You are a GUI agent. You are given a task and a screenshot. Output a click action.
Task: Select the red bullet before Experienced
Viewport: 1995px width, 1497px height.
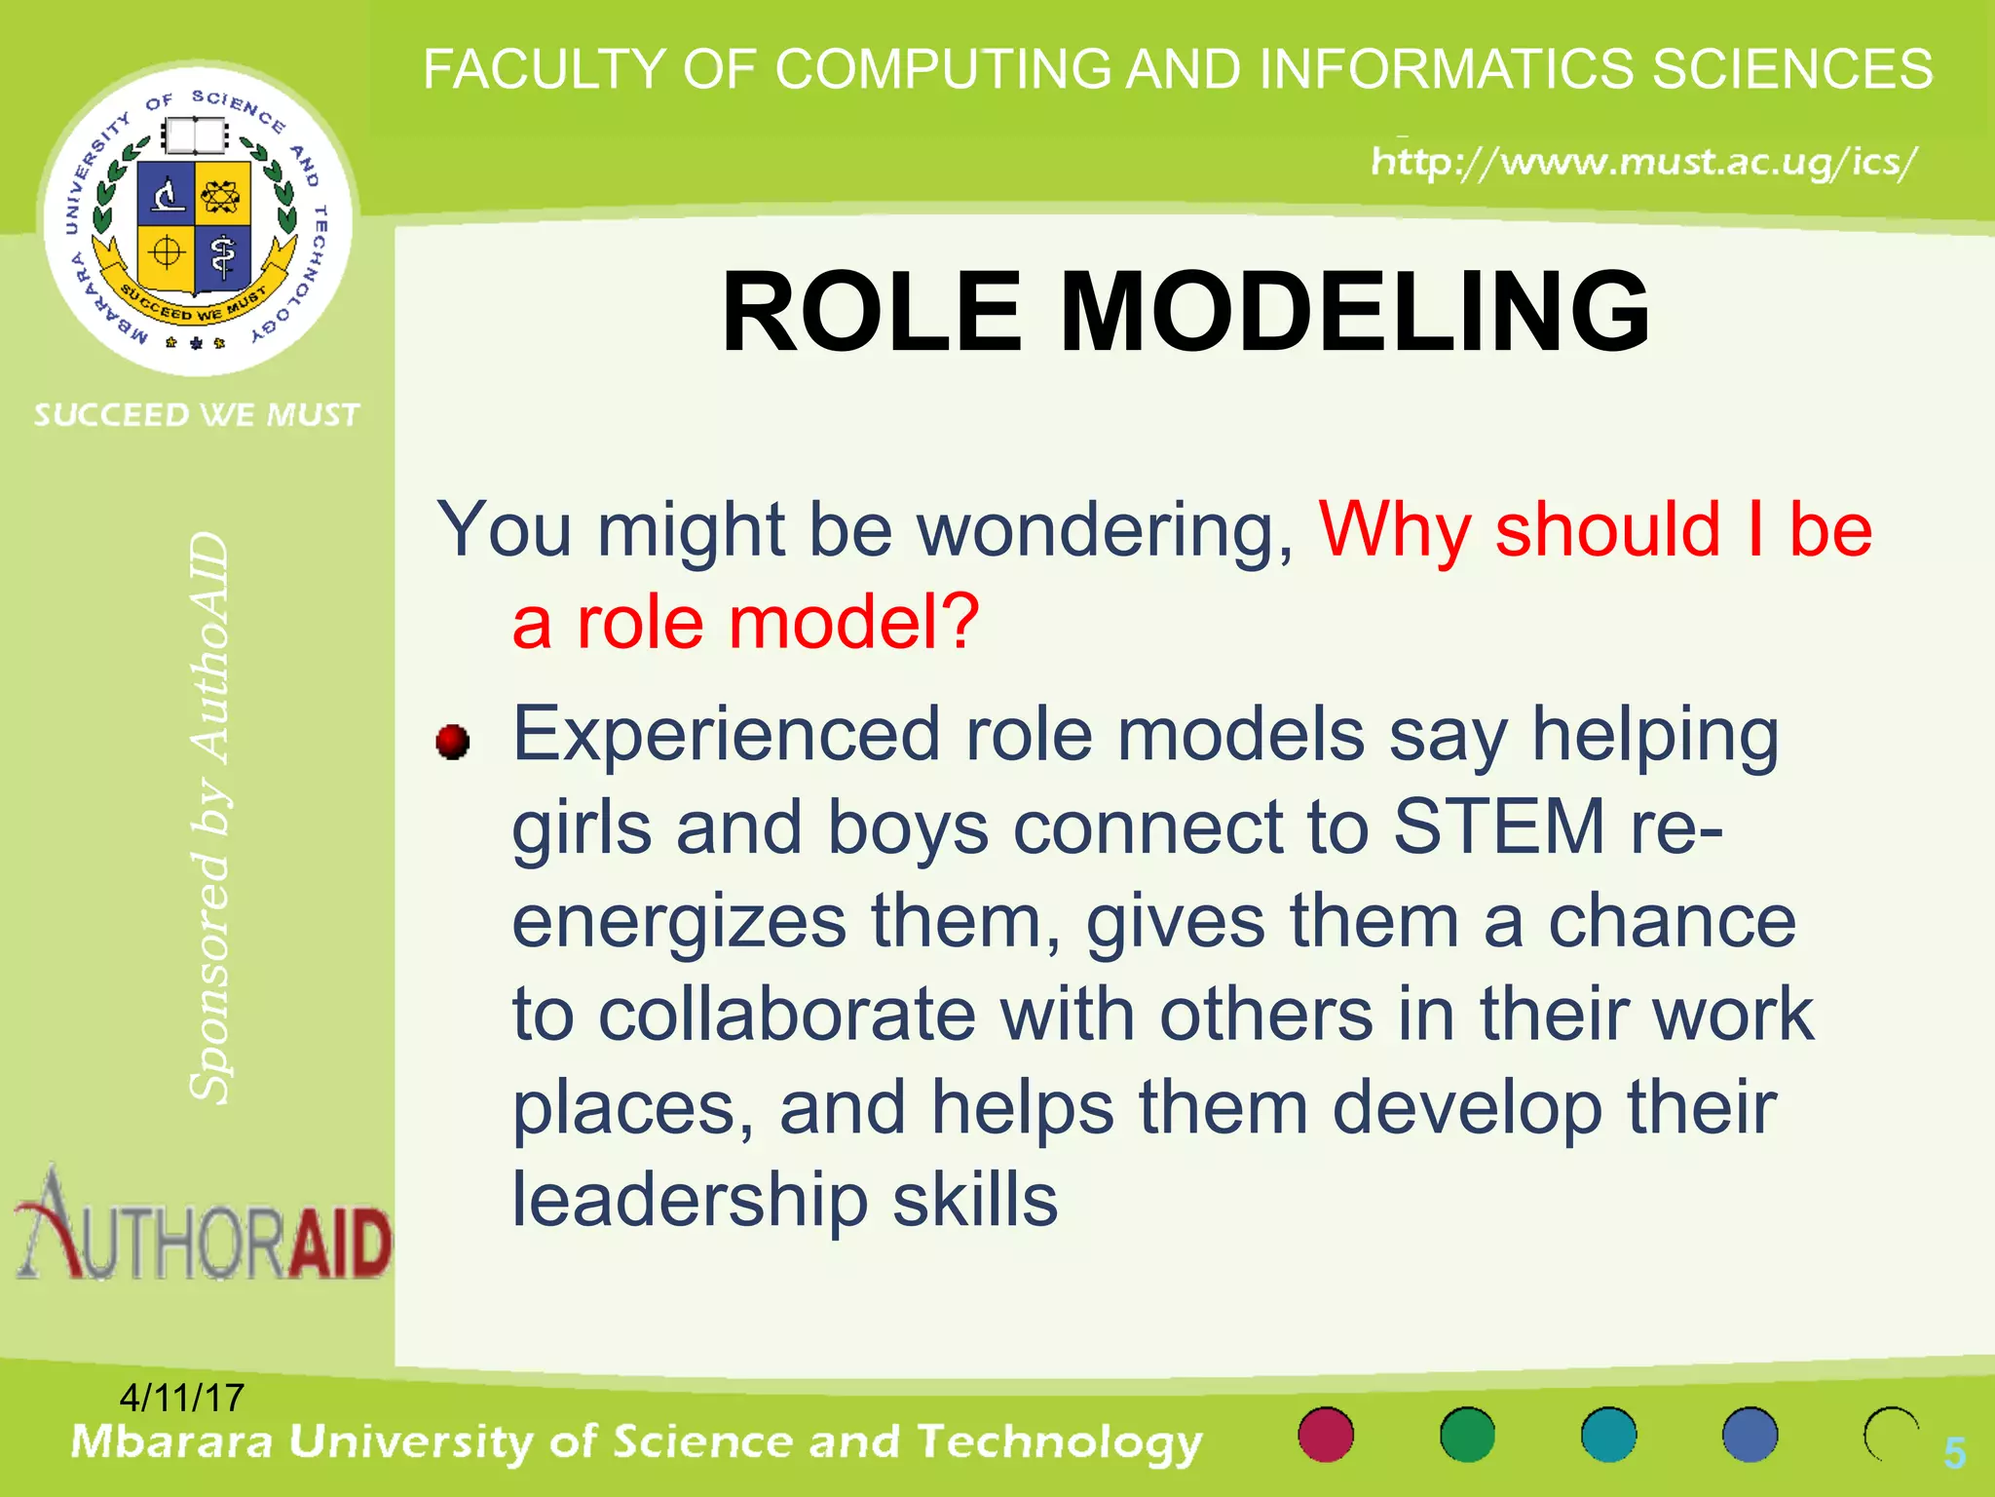[453, 742]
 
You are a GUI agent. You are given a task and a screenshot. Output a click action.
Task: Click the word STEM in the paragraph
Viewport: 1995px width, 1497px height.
[1499, 826]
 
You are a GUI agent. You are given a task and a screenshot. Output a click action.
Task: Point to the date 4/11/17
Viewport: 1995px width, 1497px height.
[181, 1398]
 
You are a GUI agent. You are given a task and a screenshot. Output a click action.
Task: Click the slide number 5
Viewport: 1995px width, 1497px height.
[1954, 1453]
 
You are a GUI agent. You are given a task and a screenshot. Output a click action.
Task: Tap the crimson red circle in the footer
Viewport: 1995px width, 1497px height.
[1326, 1435]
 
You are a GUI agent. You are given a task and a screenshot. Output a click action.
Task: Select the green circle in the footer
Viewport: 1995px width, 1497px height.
[1467, 1435]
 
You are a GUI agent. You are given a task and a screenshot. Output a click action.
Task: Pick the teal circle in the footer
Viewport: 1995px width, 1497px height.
[1608, 1435]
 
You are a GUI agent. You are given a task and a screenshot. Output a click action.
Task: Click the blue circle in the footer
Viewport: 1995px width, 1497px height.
[1750, 1435]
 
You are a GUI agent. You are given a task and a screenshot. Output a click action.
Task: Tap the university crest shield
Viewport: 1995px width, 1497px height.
[195, 226]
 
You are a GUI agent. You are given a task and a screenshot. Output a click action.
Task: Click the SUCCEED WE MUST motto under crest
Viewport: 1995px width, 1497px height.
[197, 415]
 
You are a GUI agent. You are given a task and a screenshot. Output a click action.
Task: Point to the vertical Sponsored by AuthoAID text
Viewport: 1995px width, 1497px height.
[209, 819]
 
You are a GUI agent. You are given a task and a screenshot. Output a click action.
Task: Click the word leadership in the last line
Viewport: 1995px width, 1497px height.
[690, 1201]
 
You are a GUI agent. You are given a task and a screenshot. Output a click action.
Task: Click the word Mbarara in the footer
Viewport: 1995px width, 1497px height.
[171, 1441]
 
